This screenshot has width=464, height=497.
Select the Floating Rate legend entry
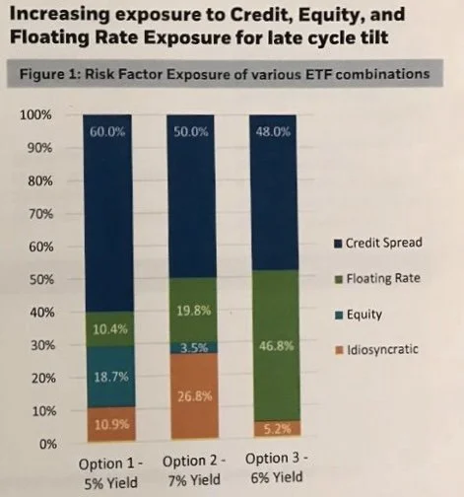click(386, 279)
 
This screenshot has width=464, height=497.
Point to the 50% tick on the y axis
click(38, 280)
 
